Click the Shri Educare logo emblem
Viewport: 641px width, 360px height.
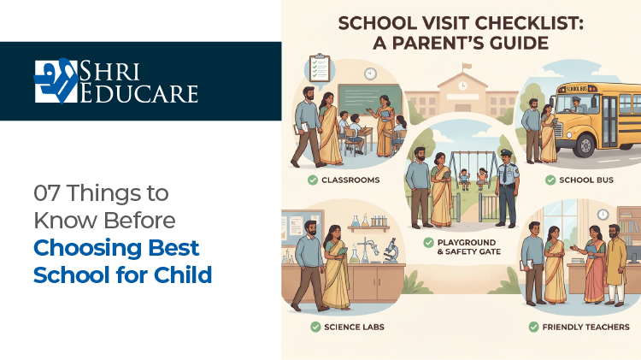click(x=55, y=80)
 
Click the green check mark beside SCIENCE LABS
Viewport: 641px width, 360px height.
click(x=315, y=327)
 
